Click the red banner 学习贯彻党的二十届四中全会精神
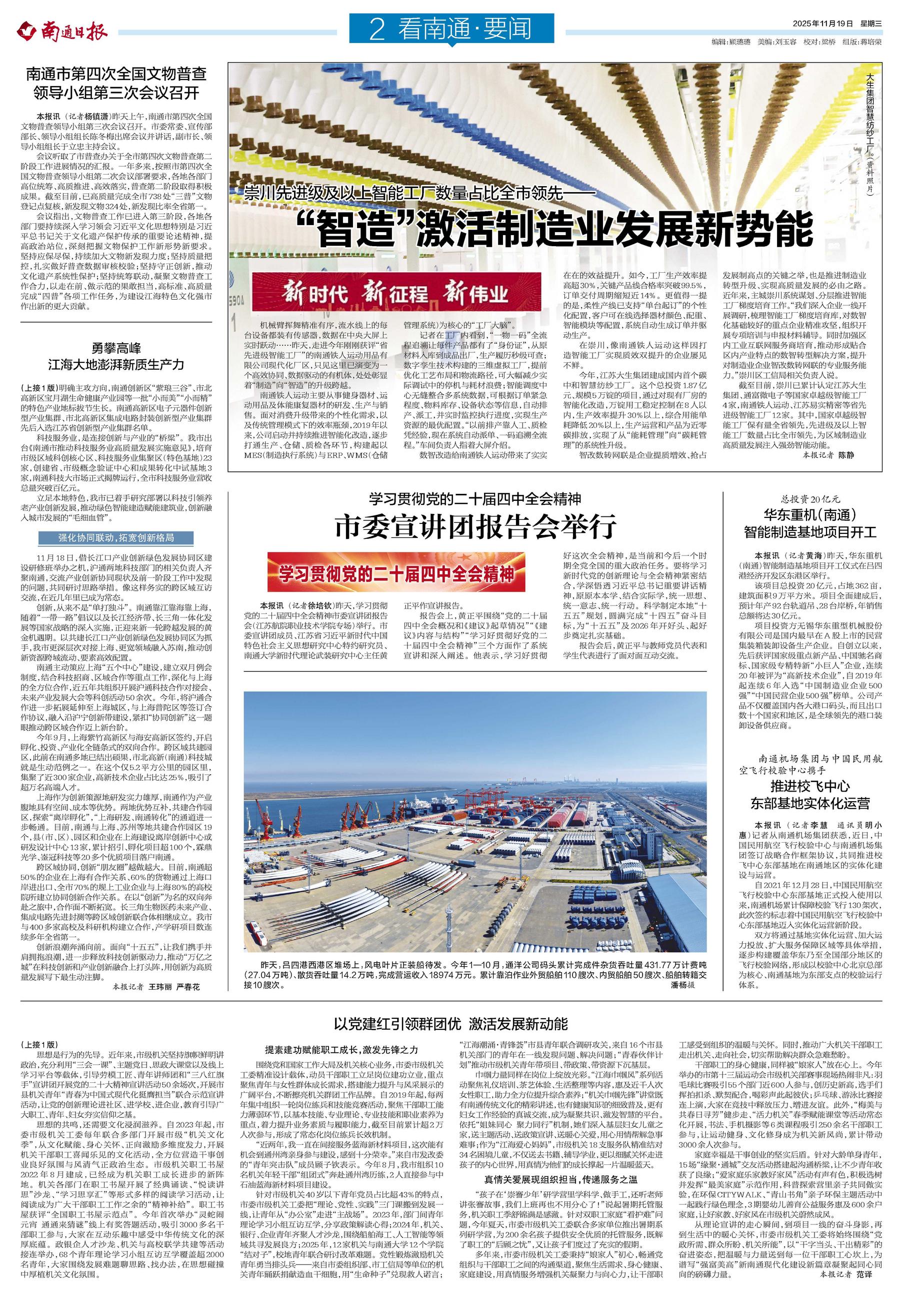click(396, 574)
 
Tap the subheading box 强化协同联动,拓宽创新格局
click(116, 537)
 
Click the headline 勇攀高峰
click(116, 348)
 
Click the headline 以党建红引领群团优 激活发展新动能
click(451, 1024)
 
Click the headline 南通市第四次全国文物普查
click(116, 73)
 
